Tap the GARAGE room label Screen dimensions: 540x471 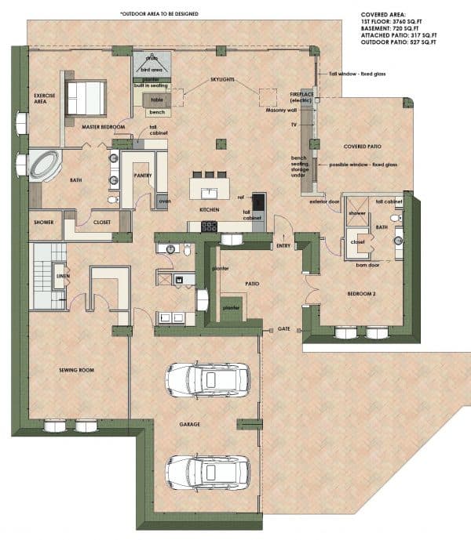click(x=189, y=425)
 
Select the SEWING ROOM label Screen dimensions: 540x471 click(x=78, y=368)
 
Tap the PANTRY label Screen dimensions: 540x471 click(x=142, y=176)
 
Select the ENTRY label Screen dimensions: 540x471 click(x=284, y=246)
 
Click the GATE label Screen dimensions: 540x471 click(x=284, y=329)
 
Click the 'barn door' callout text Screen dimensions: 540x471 click(x=367, y=265)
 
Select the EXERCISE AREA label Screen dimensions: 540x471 click(x=44, y=99)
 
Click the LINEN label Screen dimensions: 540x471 click(x=60, y=276)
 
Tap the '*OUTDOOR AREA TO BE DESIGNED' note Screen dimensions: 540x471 click(x=159, y=14)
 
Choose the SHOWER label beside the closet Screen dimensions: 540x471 click(x=44, y=222)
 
